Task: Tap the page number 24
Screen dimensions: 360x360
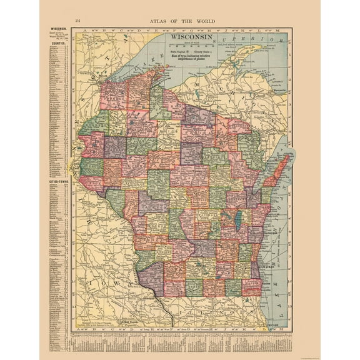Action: tap(77, 21)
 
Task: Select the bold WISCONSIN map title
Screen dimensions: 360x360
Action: tap(186, 37)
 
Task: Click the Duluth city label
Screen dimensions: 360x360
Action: tap(96, 77)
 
